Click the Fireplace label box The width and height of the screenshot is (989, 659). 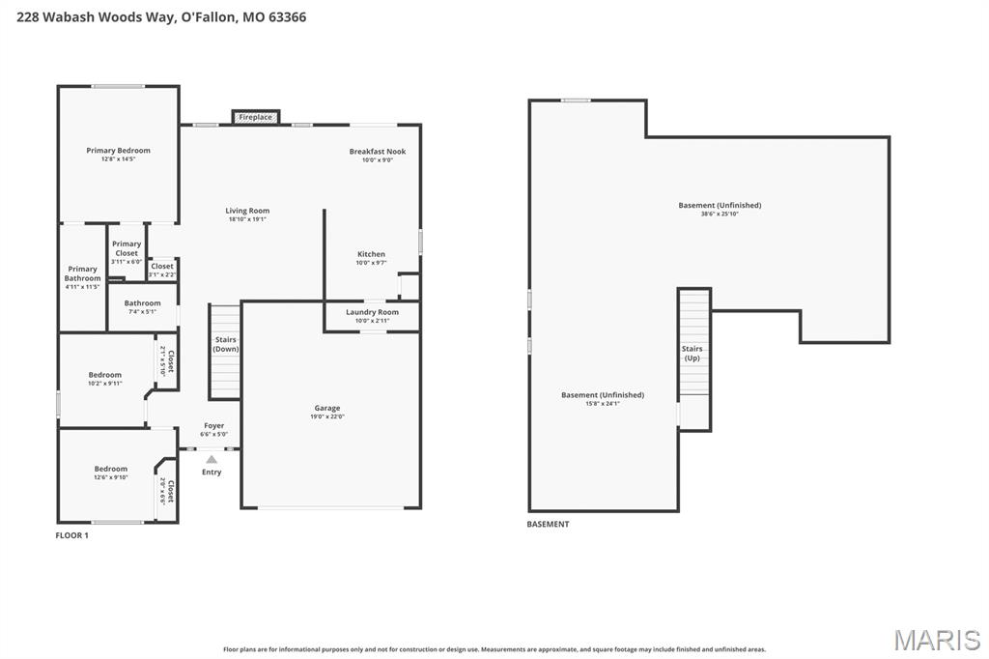pos(256,117)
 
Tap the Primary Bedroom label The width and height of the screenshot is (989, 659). pos(118,151)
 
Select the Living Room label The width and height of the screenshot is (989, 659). pos(247,211)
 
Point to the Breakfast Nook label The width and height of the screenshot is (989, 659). pos(377,152)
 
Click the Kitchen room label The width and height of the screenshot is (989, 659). pos(371,254)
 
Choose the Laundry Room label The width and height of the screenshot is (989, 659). pos(372,312)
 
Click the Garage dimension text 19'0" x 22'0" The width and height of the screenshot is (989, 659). pos(326,416)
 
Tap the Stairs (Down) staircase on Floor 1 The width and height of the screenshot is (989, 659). pos(225,352)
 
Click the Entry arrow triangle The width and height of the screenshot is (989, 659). pos(212,460)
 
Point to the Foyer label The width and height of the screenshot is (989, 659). pos(213,426)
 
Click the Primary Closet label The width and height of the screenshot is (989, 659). pos(127,248)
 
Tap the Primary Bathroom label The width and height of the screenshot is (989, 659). pos(82,273)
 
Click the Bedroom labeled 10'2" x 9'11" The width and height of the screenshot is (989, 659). pos(105,375)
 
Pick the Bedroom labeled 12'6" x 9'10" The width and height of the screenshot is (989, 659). pos(110,469)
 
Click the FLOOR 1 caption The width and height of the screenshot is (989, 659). pos(72,535)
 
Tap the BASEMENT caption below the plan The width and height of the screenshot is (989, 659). pos(548,525)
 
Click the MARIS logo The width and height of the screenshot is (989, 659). pos(936,640)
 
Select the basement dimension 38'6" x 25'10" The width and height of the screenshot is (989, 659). pos(720,214)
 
